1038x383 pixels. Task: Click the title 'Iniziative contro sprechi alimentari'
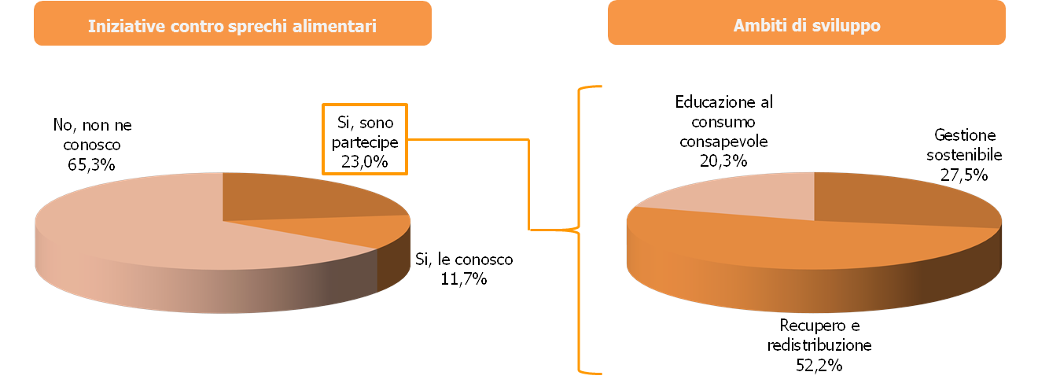[232, 25]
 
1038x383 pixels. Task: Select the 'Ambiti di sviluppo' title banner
[806, 25]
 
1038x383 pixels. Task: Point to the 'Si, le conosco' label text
[463, 260]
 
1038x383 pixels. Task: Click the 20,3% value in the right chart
[724, 160]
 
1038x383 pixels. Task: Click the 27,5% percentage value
[964, 174]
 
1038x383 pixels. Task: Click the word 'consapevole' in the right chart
[724, 142]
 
